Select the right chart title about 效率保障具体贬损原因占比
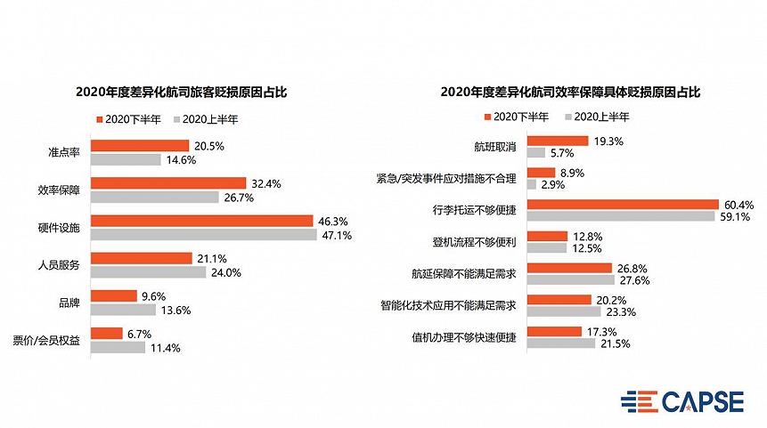coord(570,91)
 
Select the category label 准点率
coord(64,153)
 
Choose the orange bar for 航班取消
coord(558,141)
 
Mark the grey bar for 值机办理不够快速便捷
coord(561,343)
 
